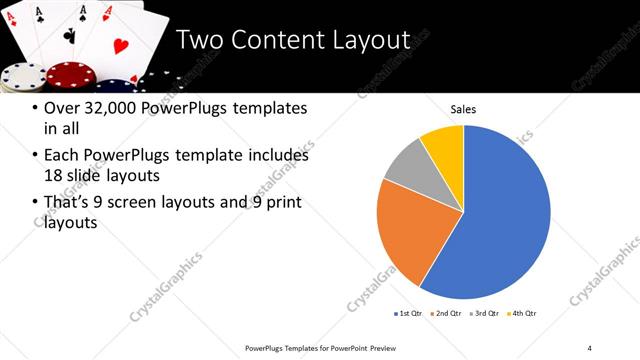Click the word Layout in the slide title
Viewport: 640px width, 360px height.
coord(366,41)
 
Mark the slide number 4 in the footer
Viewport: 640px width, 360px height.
coord(589,347)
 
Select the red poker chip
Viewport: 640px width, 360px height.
coord(68,75)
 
